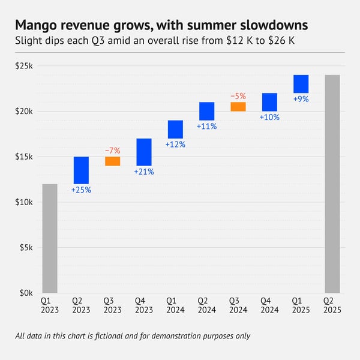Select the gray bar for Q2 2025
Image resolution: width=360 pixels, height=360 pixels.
click(332, 184)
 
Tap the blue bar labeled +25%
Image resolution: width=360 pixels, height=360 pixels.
click(81, 170)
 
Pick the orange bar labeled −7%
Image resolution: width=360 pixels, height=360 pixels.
click(112, 161)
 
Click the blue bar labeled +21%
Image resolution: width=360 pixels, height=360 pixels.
click(144, 152)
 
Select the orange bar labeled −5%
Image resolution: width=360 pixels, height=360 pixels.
click(238, 107)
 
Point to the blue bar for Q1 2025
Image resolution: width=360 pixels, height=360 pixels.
click(301, 84)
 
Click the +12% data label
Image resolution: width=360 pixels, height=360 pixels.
click(175, 145)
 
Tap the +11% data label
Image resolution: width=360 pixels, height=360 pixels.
click(206, 127)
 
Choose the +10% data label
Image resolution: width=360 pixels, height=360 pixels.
click(269, 118)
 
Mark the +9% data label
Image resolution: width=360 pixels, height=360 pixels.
click(301, 99)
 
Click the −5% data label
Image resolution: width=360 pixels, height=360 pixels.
click(238, 96)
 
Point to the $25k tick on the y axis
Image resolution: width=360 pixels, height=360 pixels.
click(24, 65)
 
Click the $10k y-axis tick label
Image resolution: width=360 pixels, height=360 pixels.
click(24, 202)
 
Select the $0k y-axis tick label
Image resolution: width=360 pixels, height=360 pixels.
click(26, 293)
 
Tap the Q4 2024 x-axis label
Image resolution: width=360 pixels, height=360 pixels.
click(269, 304)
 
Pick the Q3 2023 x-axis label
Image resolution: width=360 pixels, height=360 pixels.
click(112, 304)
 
